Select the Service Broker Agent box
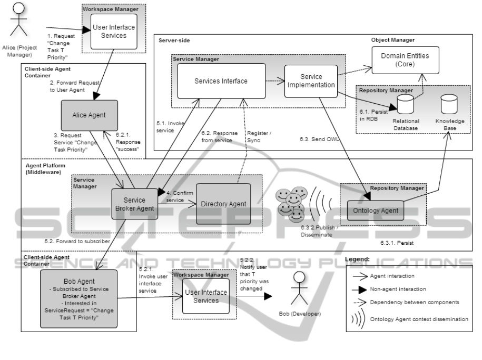pyautogui.click(x=134, y=204)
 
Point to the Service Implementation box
pyautogui.click(x=310, y=82)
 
